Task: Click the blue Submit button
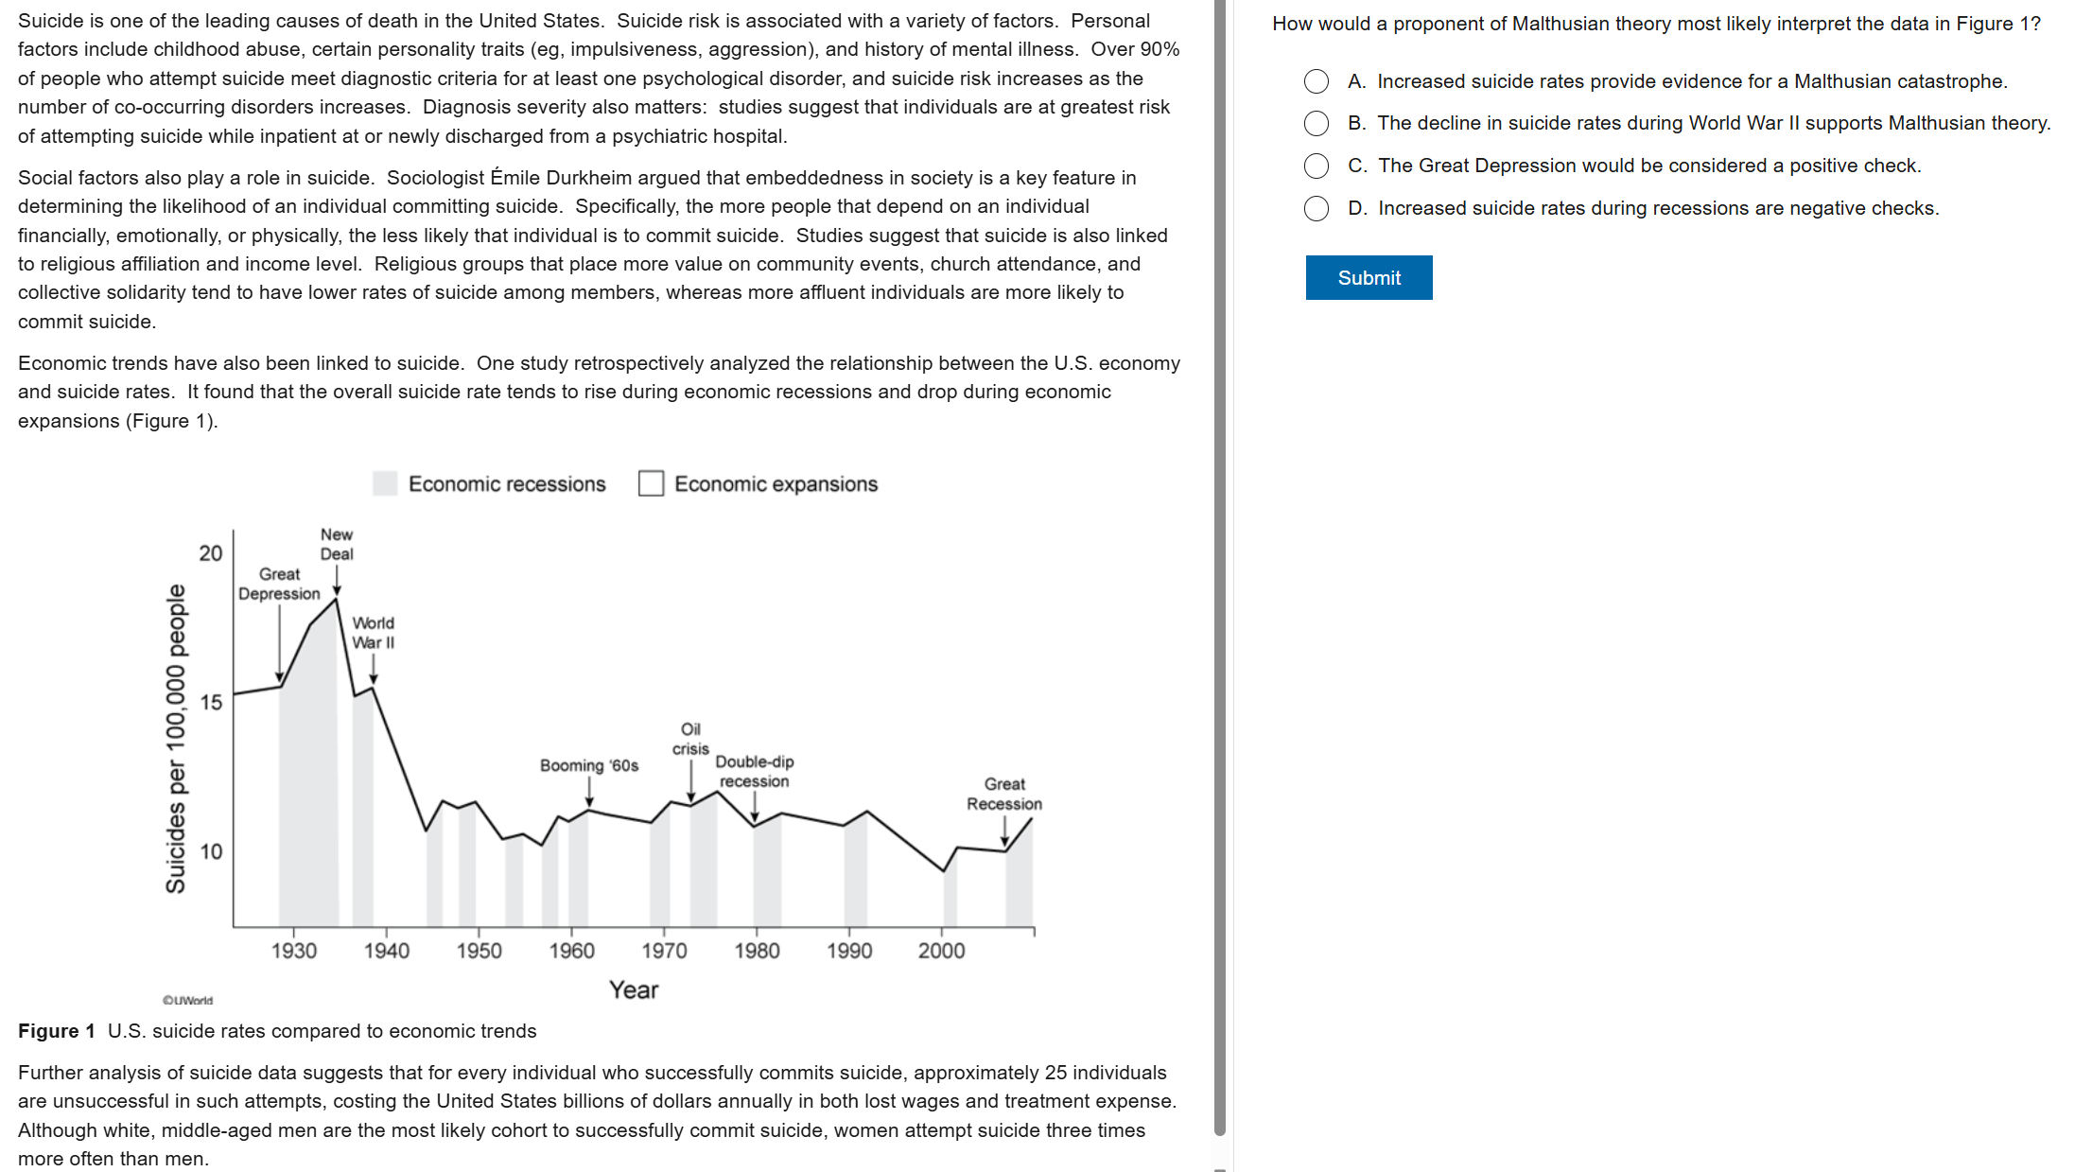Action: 1369,277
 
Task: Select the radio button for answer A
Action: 1316,81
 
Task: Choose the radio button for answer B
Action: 1316,123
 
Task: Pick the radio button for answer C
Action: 1316,166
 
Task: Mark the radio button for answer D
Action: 1316,208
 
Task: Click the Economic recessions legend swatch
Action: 385,483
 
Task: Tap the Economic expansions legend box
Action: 651,483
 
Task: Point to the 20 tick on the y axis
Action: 211,553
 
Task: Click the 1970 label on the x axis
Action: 664,951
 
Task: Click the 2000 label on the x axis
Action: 941,951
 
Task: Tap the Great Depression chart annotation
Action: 279,584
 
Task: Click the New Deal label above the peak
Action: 337,544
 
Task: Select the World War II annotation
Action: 374,633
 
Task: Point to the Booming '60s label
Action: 589,765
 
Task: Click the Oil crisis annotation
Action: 690,739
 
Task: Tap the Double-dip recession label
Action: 754,771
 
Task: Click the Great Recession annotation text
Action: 1004,794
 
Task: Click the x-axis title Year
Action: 634,989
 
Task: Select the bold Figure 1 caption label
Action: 57,1031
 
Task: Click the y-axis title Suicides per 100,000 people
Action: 176,738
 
